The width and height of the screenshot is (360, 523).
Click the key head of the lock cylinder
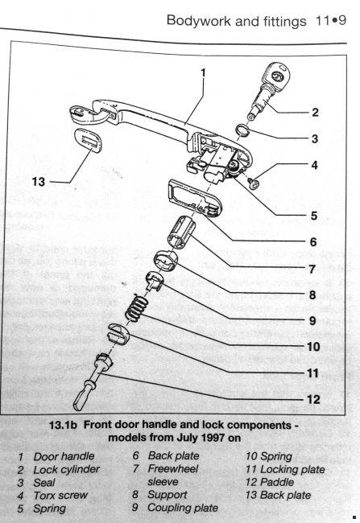277,76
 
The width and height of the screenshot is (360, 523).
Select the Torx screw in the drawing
254,183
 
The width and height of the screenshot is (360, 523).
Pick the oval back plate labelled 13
89,141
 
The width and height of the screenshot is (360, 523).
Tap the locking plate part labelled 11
118,333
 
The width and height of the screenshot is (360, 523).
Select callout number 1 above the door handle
204,73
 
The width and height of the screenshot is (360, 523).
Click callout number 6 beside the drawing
313,242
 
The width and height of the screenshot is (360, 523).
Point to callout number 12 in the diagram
313,399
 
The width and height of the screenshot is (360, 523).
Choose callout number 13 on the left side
39,182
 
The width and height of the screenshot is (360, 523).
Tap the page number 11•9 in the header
331,21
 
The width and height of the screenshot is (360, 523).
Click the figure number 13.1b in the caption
63,425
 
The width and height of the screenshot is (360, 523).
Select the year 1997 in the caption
213,437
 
